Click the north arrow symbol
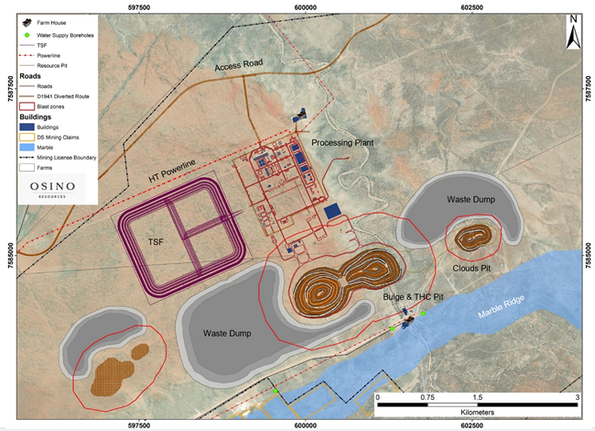572,33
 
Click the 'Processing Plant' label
342,144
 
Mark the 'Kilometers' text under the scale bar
476,413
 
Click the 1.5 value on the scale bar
476,397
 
